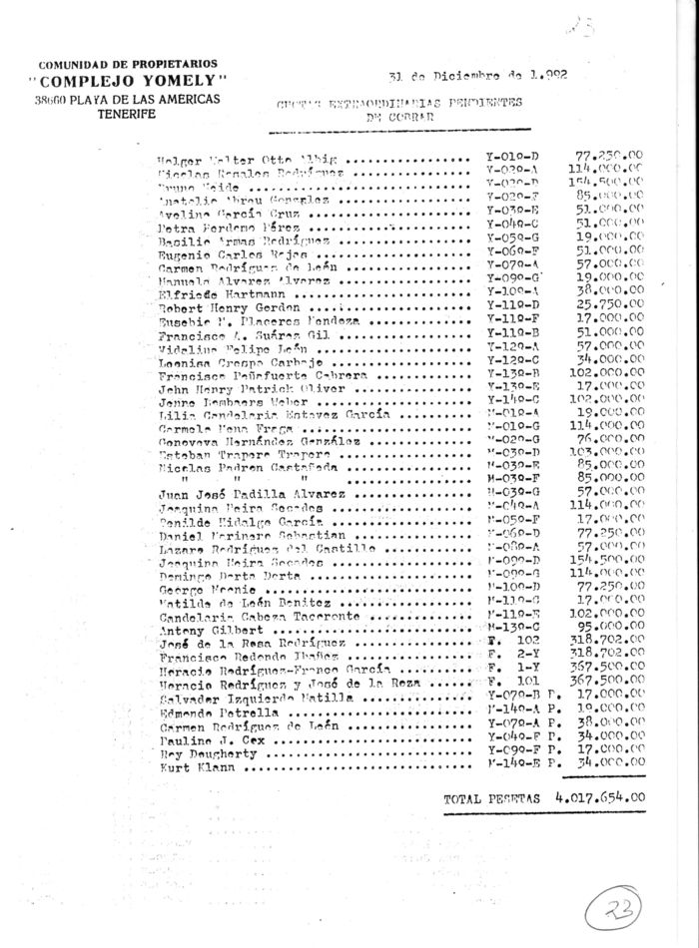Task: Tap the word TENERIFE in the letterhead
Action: point(128,116)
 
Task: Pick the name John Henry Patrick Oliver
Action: point(231,387)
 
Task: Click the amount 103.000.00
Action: point(607,451)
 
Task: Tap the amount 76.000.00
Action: point(610,436)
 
